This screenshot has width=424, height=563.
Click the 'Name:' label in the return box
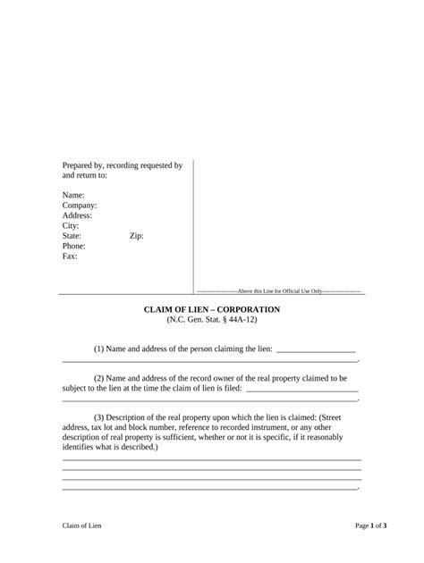coord(73,195)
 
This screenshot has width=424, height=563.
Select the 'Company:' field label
coord(80,206)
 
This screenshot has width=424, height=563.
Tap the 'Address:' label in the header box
coord(77,215)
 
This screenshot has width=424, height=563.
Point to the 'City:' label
coord(71,226)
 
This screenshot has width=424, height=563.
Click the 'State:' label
coord(73,236)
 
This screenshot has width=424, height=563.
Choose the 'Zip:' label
coord(137,236)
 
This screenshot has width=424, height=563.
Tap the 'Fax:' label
coord(70,256)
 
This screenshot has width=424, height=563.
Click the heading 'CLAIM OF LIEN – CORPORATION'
coord(212,309)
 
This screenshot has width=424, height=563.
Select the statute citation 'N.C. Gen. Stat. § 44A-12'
coord(212,320)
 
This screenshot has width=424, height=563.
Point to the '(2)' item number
coord(101,379)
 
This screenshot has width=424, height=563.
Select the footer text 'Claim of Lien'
coord(82,526)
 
